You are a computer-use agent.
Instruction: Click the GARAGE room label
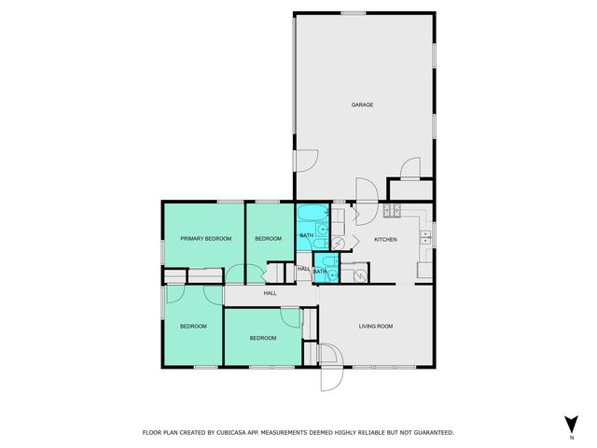tap(362, 105)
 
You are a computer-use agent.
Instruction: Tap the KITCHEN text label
tap(385, 240)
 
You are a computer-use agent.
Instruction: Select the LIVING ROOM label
tap(376, 326)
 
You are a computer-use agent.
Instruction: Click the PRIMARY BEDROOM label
tap(205, 239)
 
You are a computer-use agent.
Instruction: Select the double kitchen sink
tap(425, 236)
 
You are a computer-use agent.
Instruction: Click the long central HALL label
tap(270, 293)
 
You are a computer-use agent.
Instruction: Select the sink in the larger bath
tap(321, 231)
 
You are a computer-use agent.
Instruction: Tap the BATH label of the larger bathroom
tap(306, 235)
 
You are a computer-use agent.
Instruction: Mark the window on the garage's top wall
tap(353, 12)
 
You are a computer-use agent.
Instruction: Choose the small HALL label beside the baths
tap(303, 270)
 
